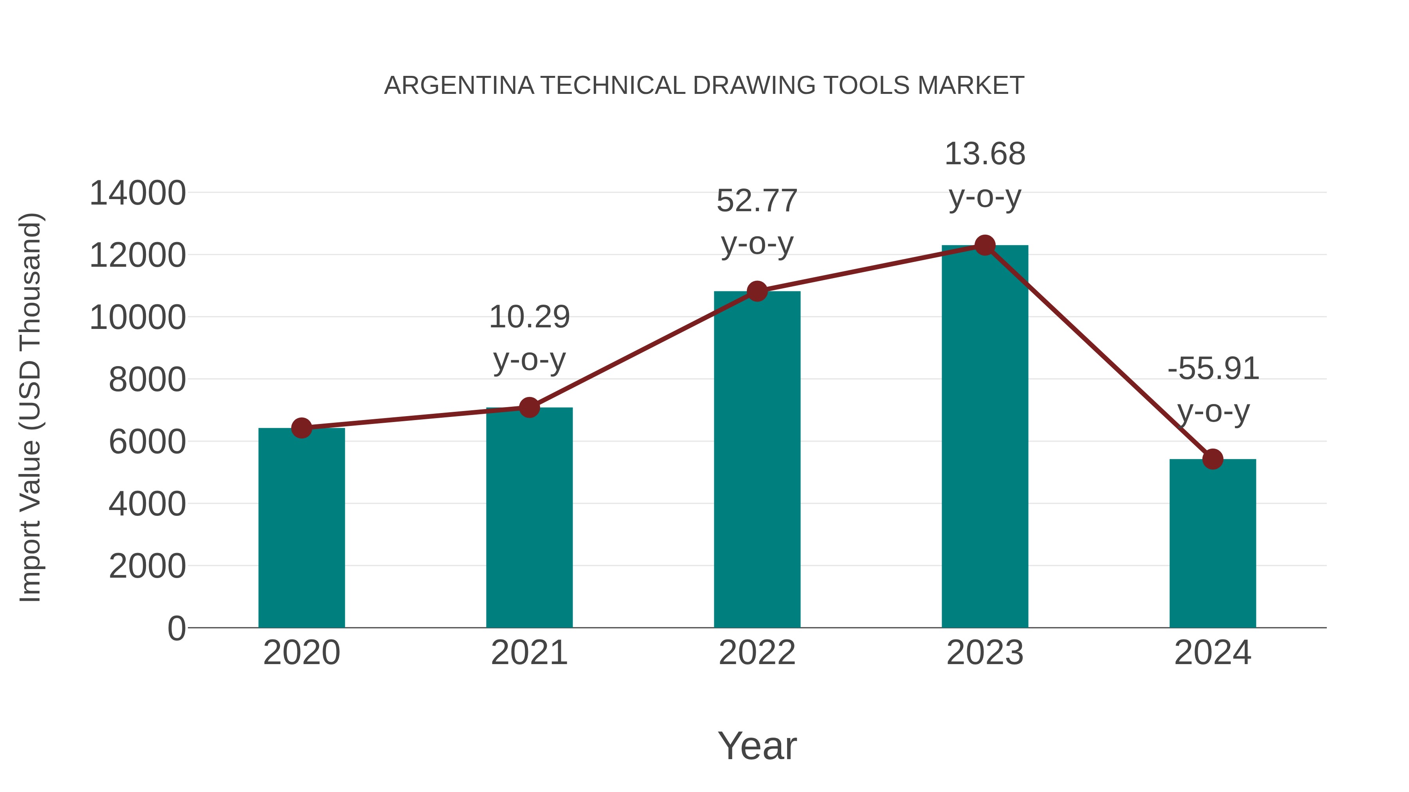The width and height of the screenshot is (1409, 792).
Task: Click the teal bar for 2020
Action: pyautogui.click(x=301, y=528)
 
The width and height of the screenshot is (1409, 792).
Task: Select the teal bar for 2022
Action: pyautogui.click(x=757, y=459)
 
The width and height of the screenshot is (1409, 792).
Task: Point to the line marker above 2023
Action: pyautogui.click(x=985, y=245)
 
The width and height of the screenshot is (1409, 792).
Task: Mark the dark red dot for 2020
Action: pyautogui.click(x=301, y=428)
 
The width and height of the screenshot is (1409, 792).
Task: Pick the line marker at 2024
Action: pyautogui.click(x=1213, y=459)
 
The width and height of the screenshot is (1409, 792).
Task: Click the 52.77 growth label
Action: pyautogui.click(x=757, y=201)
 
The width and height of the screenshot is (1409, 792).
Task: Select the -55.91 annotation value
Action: pyautogui.click(x=1213, y=368)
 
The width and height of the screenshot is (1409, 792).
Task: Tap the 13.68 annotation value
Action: pyautogui.click(x=985, y=154)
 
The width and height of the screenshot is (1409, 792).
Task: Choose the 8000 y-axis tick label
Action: pyautogui.click(x=147, y=379)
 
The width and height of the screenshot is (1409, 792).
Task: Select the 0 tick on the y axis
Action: pyautogui.click(x=176, y=628)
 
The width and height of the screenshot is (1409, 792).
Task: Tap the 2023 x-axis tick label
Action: pyautogui.click(x=985, y=653)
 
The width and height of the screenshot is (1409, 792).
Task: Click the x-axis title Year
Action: pyautogui.click(x=757, y=745)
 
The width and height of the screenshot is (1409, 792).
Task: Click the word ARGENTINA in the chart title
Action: pyautogui.click(x=459, y=86)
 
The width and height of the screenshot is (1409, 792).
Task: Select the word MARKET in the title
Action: pyautogui.click(x=971, y=86)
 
